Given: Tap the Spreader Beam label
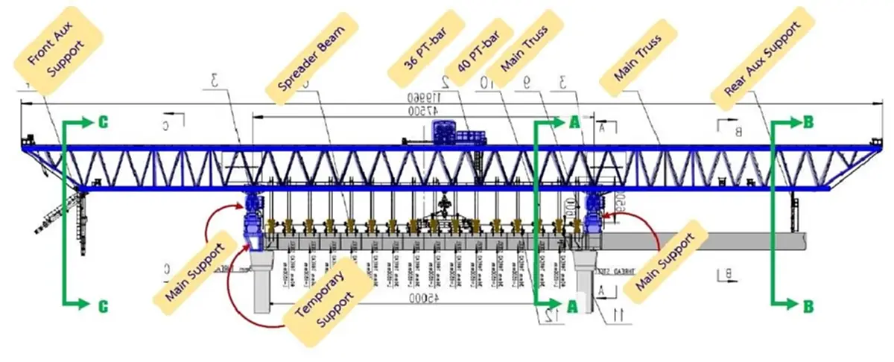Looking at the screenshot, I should [x=314, y=56].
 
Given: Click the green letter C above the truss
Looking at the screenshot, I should [x=104, y=123].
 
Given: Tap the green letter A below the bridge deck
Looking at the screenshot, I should [x=573, y=305].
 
